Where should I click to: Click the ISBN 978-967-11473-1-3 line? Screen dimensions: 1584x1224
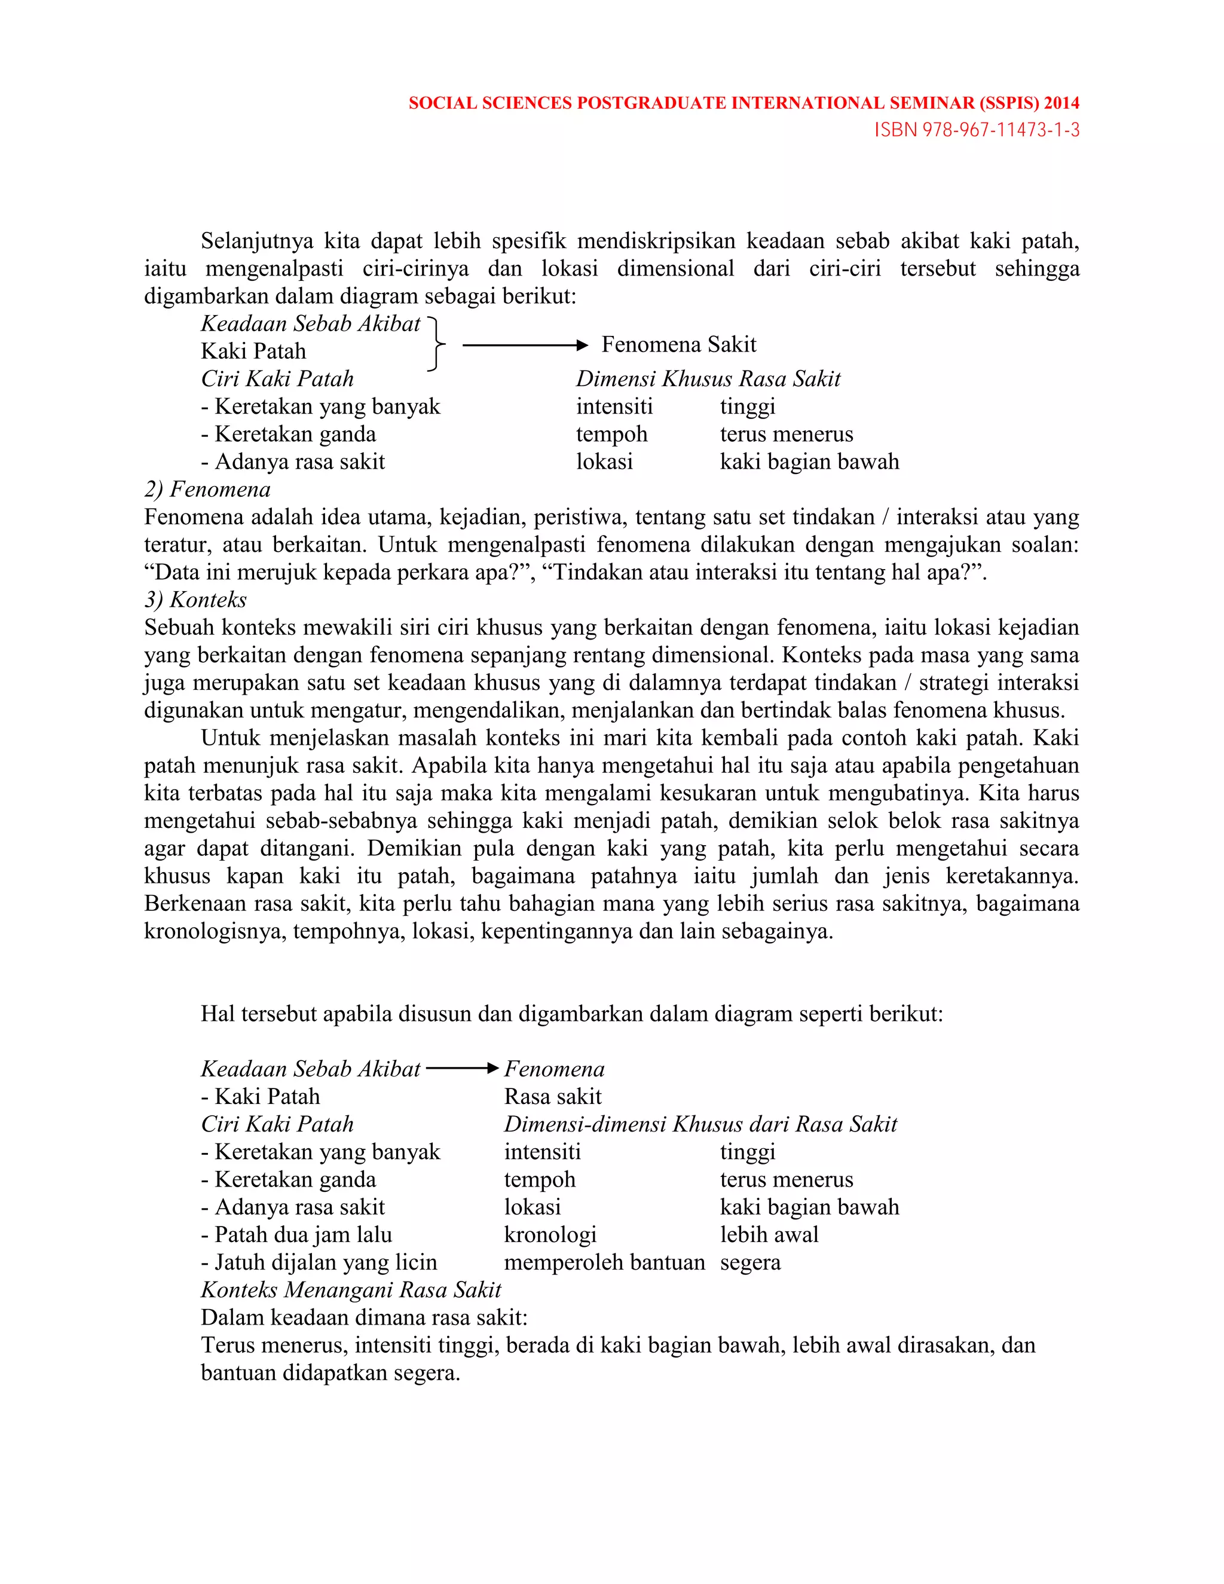click(x=976, y=130)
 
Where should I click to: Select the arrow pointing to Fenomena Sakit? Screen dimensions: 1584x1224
click(x=524, y=346)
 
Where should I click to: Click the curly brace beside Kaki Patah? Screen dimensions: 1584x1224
click(x=436, y=344)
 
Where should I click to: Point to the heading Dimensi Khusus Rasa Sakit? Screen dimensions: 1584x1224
click(x=708, y=378)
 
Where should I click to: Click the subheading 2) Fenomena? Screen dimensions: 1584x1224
click(x=207, y=490)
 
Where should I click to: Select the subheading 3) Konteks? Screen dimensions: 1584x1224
click(x=196, y=600)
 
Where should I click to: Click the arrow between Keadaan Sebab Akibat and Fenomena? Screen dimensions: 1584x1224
click(x=462, y=1068)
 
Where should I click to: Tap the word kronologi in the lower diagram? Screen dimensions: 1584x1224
click(x=550, y=1234)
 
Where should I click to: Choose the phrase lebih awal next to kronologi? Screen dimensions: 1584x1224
click(x=769, y=1234)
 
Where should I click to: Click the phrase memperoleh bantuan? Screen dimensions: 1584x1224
click(x=604, y=1262)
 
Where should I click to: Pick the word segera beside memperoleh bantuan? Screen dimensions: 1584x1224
click(x=750, y=1262)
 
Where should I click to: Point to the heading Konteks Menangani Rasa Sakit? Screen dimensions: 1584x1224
click(x=351, y=1289)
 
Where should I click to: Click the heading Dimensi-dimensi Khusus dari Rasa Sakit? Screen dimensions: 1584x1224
click(x=700, y=1124)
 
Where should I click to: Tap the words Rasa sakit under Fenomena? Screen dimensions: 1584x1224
click(x=553, y=1097)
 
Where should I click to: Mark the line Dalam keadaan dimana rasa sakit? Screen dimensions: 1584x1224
click(x=364, y=1317)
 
